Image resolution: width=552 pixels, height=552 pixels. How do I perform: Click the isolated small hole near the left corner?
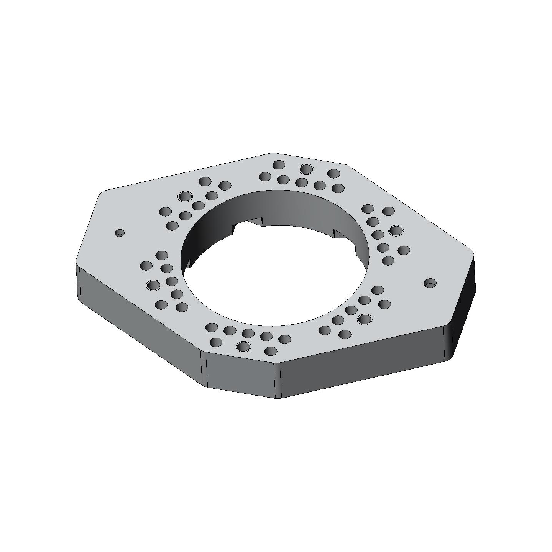tap(120, 233)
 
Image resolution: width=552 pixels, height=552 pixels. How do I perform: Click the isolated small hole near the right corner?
tap(430, 283)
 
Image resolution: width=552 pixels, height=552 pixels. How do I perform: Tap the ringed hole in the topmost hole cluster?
tap(306, 169)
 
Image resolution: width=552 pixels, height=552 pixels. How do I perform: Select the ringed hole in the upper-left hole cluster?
tap(185, 197)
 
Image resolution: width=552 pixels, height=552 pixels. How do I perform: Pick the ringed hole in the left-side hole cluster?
tap(154, 285)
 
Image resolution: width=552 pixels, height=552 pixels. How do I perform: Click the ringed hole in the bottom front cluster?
tap(243, 347)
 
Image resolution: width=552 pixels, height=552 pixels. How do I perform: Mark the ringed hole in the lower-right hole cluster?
tap(365, 319)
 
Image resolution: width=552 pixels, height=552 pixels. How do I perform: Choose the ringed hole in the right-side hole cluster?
tap(396, 230)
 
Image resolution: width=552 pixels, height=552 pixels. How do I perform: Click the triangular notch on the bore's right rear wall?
tap(339, 235)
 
